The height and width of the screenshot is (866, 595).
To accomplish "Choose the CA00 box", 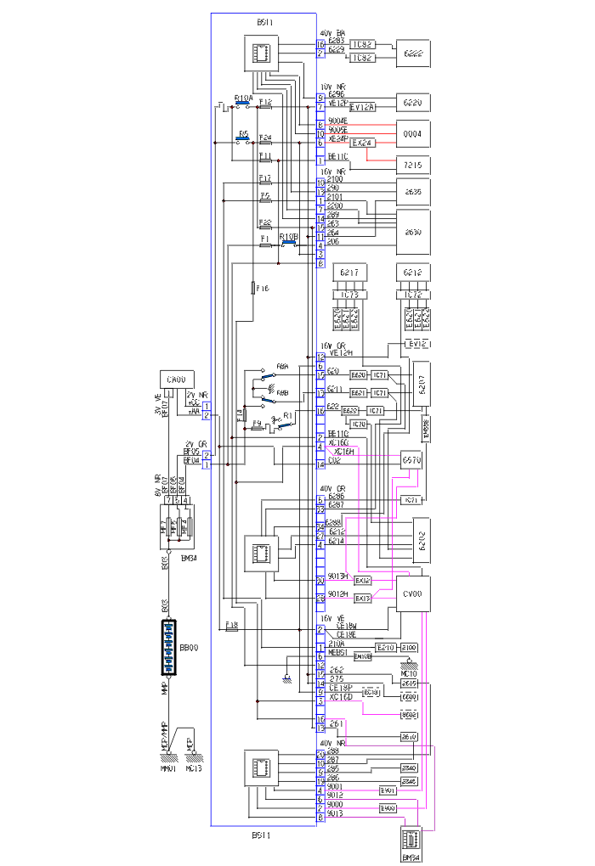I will pos(176,380).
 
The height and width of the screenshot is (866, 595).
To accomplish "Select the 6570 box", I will pos(411,459).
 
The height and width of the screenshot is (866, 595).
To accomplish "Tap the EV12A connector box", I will pos(362,107).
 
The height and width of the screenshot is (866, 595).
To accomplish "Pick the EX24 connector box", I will pos(363,143).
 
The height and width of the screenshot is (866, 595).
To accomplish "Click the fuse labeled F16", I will pos(254,289).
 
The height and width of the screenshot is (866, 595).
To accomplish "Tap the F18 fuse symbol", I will pos(230,629).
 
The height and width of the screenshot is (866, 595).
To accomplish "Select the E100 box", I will pos(409,647).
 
